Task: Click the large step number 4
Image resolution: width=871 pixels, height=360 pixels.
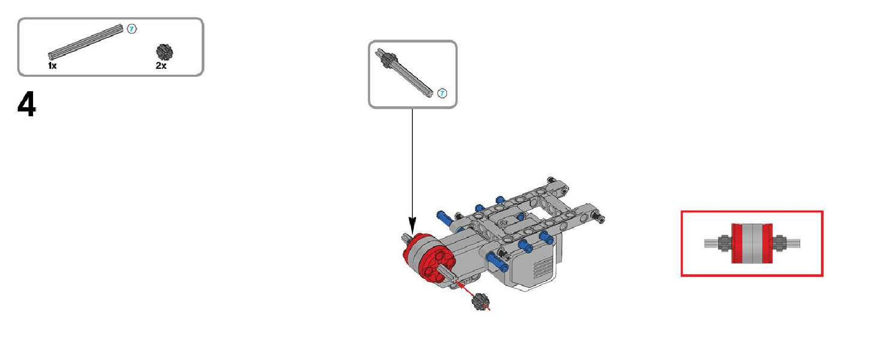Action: click(27, 104)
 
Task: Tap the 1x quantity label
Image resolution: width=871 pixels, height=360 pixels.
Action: click(52, 66)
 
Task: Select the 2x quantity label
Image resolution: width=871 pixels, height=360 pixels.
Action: click(161, 66)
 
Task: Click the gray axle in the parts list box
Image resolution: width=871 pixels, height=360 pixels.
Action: click(85, 42)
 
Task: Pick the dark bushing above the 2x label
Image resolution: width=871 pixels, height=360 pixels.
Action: click(164, 52)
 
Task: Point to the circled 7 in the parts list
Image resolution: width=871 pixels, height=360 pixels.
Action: click(132, 29)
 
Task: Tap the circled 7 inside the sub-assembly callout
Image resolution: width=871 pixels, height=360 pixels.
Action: click(442, 93)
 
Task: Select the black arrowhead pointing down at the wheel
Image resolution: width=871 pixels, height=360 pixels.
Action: click(412, 226)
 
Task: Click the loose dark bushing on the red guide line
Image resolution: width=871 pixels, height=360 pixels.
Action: click(481, 302)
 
